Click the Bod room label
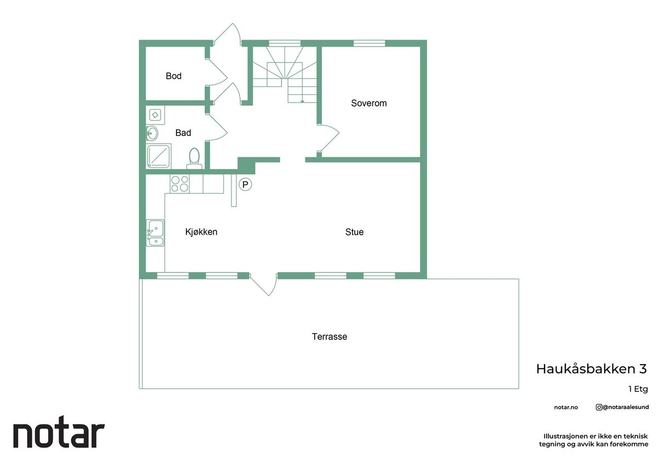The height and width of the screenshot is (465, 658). click(x=173, y=76)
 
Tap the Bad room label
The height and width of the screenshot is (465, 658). click(x=183, y=133)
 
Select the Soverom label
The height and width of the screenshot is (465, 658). click(x=368, y=103)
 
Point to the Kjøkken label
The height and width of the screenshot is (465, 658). click(x=201, y=232)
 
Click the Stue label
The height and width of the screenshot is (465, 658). click(x=354, y=232)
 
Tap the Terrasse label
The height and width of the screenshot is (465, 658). click(x=330, y=337)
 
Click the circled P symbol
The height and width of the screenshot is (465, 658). click(x=245, y=184)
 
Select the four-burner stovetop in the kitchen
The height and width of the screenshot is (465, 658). click(x=180, y=184)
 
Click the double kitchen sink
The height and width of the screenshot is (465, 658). click(x=155, y=232)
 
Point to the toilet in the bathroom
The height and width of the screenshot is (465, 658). click(x=194, y=158)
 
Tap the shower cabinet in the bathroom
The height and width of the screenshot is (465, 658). click(x=158, y=156)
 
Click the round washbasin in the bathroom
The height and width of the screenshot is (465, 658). click(x=152, y=134)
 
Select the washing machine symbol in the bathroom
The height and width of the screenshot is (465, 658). click(x=155, y=115)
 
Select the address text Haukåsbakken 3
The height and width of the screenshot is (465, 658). click(x=592, y=369)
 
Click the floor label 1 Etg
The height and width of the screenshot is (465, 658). click(x=638, y=389)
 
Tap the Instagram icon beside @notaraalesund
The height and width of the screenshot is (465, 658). click(x=599, y=407)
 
